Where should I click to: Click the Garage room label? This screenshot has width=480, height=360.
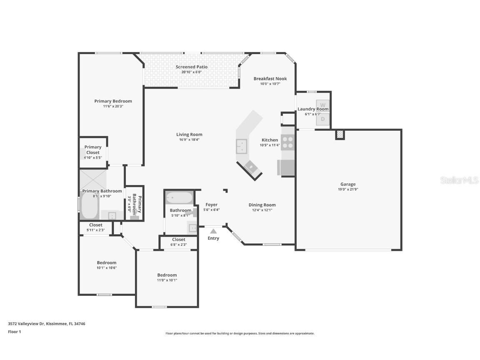pos(348,184)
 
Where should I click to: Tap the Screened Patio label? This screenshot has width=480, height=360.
pos(191,67)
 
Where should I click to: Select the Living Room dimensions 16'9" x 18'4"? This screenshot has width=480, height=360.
pos(189,140)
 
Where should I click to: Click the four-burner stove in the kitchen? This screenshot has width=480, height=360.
pos(287,143)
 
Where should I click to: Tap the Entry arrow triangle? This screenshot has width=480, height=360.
pos(213,231)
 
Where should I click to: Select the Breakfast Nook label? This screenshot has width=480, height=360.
pos(270,78)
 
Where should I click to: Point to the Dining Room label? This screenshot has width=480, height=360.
pos(262,205)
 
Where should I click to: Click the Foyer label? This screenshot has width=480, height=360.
pos(211,205)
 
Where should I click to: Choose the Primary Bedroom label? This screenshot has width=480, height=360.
pos(113,101)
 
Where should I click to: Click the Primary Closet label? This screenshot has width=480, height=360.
pos(93,150)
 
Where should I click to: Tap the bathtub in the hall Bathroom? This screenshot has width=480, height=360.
pos(180,197)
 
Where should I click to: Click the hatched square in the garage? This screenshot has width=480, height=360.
pos(340,135)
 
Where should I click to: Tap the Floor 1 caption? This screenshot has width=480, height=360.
pos(14,332)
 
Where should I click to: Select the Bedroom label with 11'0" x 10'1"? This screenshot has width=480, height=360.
pos(167,275)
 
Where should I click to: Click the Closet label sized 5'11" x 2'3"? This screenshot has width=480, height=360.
pos(95,225)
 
